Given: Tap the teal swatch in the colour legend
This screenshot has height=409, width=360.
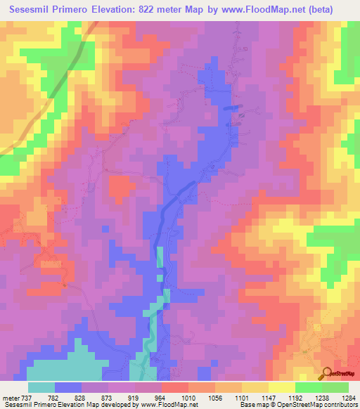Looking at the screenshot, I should point(41,387).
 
